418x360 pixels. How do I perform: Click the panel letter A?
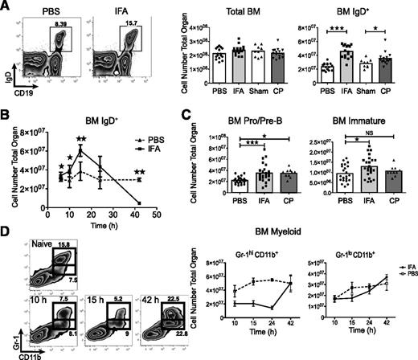(x=6, y=6)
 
